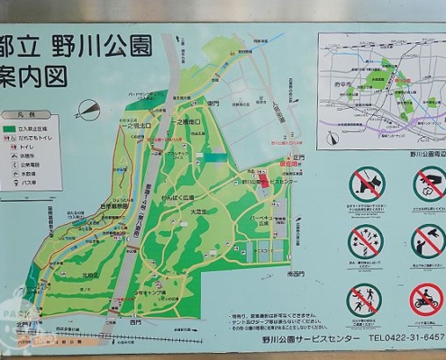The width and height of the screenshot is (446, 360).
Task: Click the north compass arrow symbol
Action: (88, 109)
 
